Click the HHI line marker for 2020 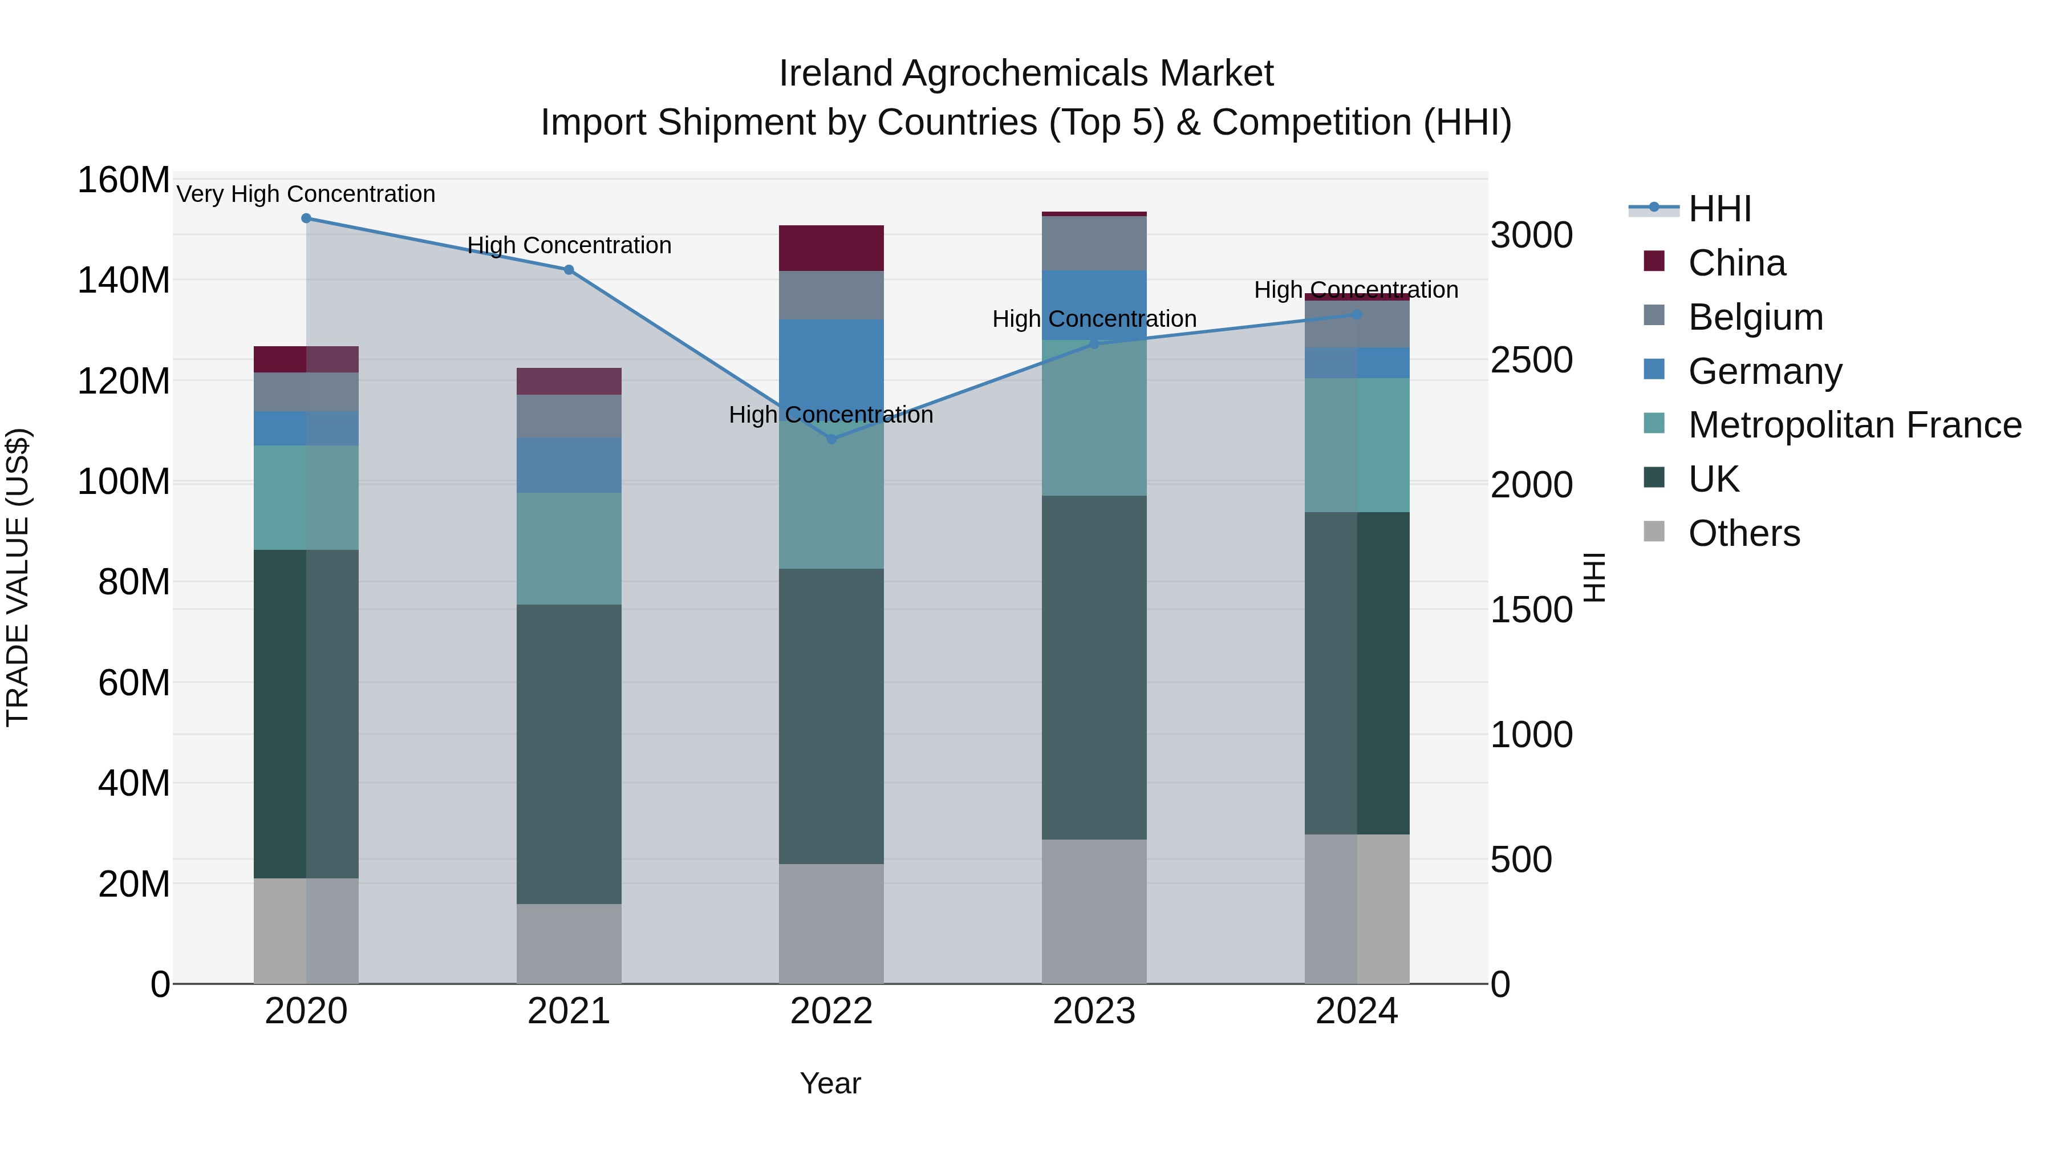(306, 218)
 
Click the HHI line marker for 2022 (831, 439)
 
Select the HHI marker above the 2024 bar (1357, 315)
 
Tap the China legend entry (1736, 263)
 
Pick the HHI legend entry (1719, 209)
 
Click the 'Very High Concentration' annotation (306, 194)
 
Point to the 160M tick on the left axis (124, 180)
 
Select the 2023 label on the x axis (1093, 1011)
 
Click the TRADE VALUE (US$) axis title (18, 577)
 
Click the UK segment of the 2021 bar (568, 753)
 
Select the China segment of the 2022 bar (831, 248)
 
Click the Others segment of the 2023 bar (1093, 911)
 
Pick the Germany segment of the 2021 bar (568, 465)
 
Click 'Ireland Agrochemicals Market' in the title (1026, 74)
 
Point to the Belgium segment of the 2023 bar (1093, 243)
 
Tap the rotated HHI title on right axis (1593, 577)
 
